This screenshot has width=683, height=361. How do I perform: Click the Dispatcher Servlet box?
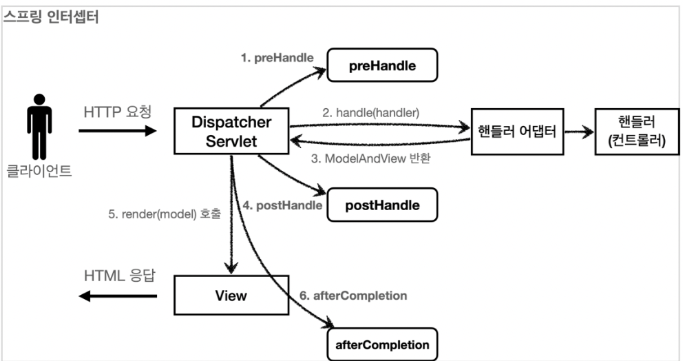231,131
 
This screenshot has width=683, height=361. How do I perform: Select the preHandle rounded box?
382,65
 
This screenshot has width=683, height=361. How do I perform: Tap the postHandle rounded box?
382,205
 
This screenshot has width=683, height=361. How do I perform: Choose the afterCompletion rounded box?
382,344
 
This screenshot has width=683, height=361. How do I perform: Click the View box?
231,295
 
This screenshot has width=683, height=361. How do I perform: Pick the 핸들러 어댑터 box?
518,132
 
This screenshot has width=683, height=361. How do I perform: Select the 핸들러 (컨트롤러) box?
638,132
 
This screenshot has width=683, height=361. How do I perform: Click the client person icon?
39,127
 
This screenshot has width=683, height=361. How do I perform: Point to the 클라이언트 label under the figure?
39,170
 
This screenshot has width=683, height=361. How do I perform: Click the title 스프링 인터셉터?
51,17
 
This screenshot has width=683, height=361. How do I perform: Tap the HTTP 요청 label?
118,112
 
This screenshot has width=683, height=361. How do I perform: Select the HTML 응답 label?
119,276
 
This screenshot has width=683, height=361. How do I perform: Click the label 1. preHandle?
277,58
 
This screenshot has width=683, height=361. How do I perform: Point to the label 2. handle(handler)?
370,113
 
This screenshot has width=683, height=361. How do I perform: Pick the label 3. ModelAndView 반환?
370,158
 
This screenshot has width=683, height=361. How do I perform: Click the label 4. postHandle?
282,205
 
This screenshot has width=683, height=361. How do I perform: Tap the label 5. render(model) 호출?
165,214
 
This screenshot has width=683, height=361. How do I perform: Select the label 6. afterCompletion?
353,296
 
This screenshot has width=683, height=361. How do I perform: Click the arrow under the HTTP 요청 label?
118,130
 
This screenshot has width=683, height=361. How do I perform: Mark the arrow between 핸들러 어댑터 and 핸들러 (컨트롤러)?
579,132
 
